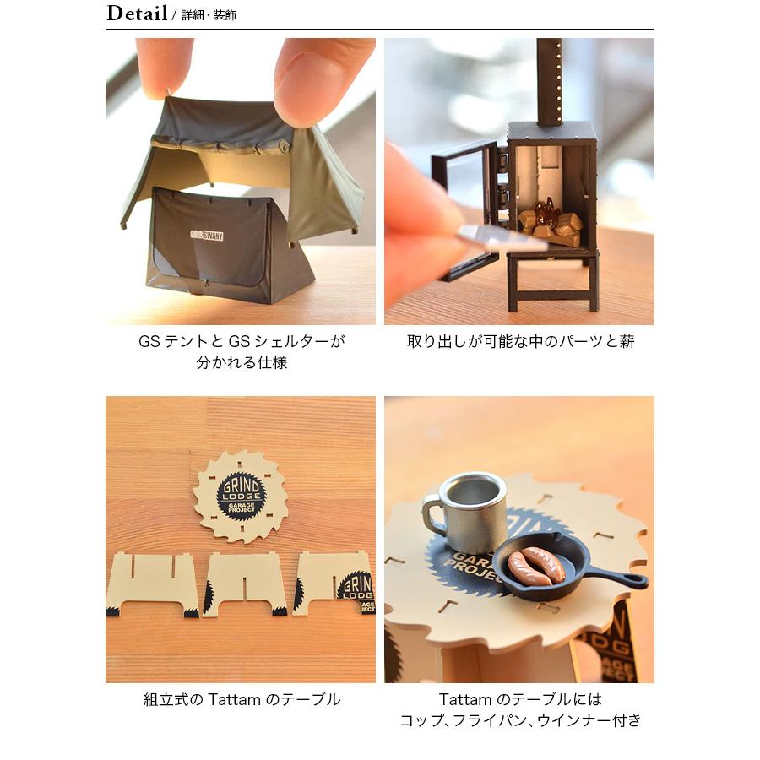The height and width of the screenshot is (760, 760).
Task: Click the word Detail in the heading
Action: (136, 14)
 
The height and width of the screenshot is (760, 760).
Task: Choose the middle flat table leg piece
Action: (246, 584)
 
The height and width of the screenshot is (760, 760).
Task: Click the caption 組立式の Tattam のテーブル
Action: (242, 699)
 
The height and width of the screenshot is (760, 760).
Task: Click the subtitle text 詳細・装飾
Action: (209, 15)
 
